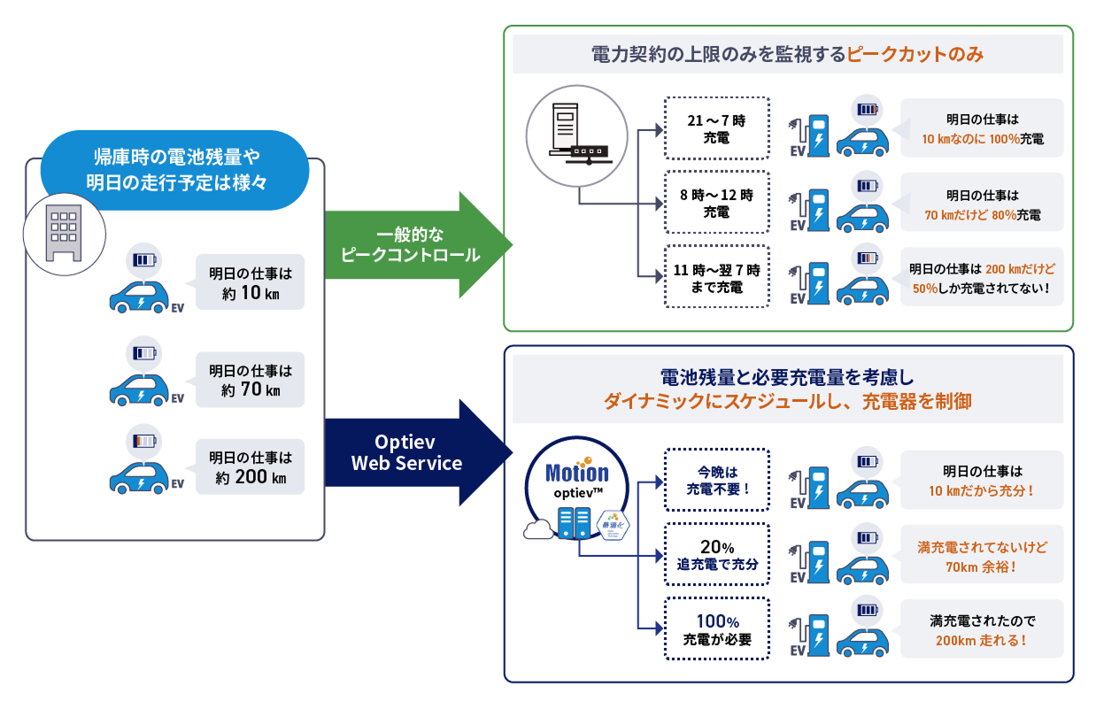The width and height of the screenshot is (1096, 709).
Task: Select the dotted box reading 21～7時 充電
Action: click(x=717, y=128)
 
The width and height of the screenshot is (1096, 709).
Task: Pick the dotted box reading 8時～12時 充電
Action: click(x=717, y=204)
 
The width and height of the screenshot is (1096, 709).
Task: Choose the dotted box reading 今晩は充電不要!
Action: click(x=717, y=479)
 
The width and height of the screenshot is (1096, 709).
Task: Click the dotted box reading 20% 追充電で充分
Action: click(x=717, y=555)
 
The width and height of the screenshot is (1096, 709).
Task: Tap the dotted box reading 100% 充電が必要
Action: click(x=717, y=629)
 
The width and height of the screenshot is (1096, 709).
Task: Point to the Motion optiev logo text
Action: click(x=576, y=477)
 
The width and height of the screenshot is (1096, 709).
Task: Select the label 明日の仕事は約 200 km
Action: click(x=250, y=468)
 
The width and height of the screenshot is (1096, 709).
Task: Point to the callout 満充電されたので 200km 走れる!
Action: click(x=982, y=629)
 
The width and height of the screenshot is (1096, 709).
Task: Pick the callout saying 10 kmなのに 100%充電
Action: click(x=982, y=128)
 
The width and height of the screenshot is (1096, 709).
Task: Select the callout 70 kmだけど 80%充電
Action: click(x=982, y=204)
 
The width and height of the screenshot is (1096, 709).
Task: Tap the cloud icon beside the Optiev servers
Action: click(x=537, y=530)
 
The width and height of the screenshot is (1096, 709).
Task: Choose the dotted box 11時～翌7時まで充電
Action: click(x=717, y=278)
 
